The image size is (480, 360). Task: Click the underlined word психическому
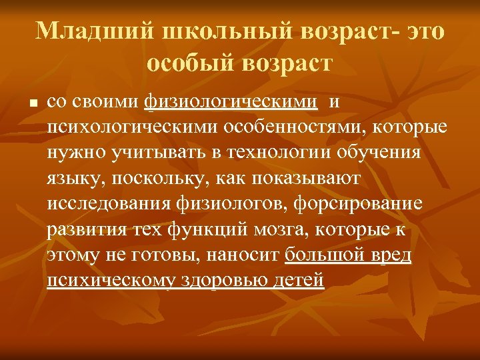pyautogui.click(x=107, y=281)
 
